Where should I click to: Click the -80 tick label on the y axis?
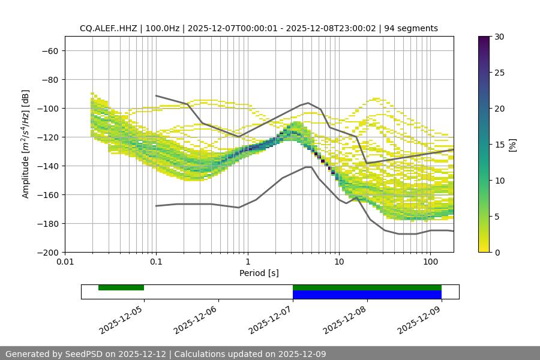click(49, 79)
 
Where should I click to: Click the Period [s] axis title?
click(259, 273)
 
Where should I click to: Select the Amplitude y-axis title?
click(25, 144)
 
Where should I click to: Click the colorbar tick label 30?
click(499, 37)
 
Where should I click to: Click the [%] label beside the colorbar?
click(512, 145)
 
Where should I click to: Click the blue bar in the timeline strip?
click(367, 295)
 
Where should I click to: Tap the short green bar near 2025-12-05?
click(121, 287)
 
